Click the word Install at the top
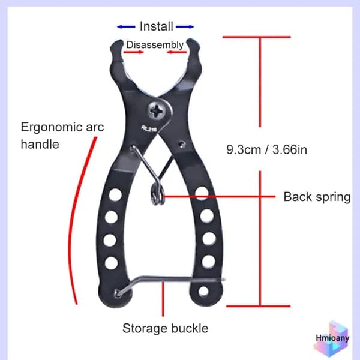157,26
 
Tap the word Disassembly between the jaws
155,45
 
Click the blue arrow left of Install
126,27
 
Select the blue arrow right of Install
185,27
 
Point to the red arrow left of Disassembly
134,52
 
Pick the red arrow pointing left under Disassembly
177,52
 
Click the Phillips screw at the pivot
157,112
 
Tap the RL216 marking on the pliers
149,129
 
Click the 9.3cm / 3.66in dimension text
266,149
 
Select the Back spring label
317,197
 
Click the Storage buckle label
166,328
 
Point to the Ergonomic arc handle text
62,136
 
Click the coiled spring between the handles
157,195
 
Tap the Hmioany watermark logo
332,338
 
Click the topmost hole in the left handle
115,194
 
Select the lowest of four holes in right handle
208,261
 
